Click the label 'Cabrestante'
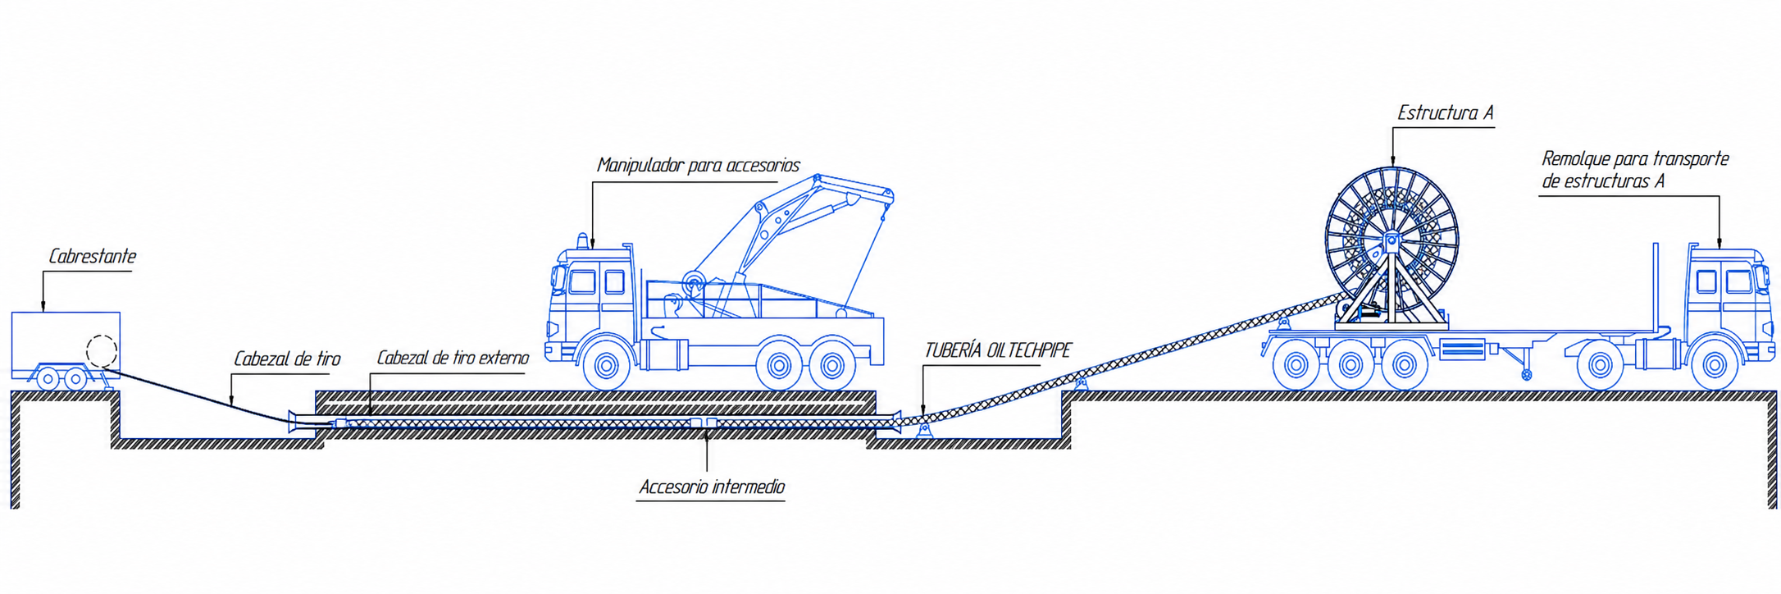[x=92, y=257]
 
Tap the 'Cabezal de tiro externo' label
[x=453, y=359]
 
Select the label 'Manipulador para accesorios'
[x=698, y=166]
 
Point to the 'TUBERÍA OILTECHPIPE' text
[x=998, y=351]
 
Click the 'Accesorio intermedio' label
[x=712, y=487]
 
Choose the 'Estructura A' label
[x=1445, y=113]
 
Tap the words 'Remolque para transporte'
[x=1635, y=159]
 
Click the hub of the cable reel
[x=1391, y=240]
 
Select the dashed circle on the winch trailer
[x=102, y=352]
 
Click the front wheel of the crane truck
[x=607, y=366]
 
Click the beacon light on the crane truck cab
[x=583, y=241]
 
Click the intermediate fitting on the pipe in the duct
[x=703, y=423]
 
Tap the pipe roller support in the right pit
[x=924, y=429]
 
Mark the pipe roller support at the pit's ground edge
[x=1082, y=383]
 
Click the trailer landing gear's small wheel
[x=1526, y=375]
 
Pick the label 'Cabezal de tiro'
[x=287, y=359]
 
